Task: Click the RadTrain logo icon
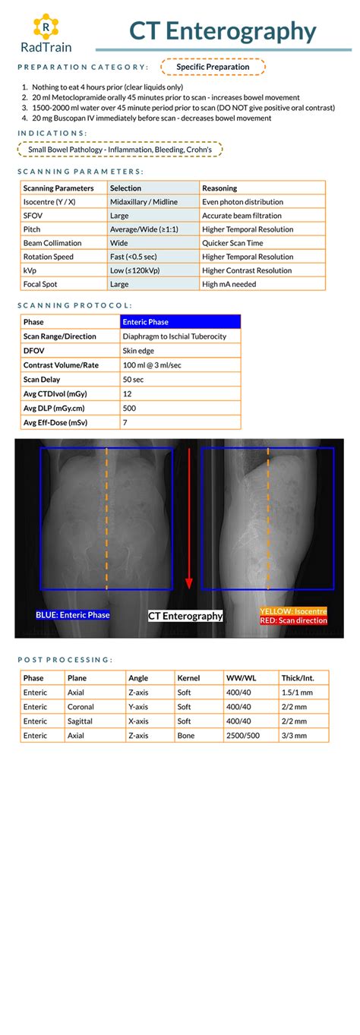(x=46, y=27)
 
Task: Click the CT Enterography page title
(x=223, y=31)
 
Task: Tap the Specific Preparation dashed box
(x=213, y=67)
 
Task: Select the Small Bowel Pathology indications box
(x=120, y=150)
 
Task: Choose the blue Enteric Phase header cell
(x=181, y=323)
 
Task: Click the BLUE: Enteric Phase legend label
(x=73, y=616)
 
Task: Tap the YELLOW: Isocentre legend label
(x=293, y=611)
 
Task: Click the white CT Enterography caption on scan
(x=185, y=616)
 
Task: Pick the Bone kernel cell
(x=185, y=736)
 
